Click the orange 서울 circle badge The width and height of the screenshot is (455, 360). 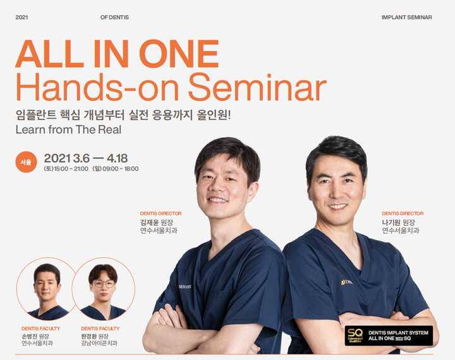point(26,162)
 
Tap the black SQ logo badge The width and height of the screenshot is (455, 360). point(389,335)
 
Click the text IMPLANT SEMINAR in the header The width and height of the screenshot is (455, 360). point(406,18)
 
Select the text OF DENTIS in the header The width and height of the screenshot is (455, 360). point(114,18)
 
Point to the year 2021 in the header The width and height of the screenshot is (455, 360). point(21,18)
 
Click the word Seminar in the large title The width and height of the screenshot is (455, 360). point(258,87)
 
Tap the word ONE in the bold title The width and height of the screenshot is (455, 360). point(179,54)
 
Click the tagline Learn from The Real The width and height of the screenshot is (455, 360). point(68,129)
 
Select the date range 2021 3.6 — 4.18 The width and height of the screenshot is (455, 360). point(85,159)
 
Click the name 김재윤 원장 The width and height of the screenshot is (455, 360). point(157,222)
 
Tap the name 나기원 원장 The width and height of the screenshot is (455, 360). point(398,222)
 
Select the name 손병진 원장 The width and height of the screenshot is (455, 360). point(35,336)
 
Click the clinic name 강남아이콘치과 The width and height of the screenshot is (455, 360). point(99,344)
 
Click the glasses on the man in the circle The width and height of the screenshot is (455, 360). point(104,284)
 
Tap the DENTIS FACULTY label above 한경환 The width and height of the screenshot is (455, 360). point(100,328)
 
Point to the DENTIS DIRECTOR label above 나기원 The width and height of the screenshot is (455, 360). point(403,213)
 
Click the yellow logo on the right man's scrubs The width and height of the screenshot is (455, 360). point(343,282)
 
